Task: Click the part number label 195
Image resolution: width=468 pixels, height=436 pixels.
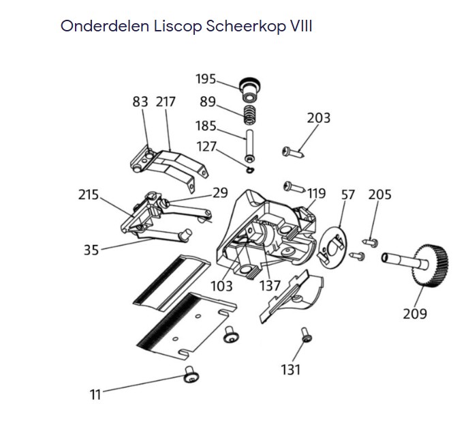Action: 206,79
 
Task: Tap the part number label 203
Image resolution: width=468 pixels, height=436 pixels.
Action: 319,118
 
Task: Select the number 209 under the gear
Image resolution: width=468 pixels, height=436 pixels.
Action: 415,313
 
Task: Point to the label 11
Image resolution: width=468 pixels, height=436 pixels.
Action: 96,394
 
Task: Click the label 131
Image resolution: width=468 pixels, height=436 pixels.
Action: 290,369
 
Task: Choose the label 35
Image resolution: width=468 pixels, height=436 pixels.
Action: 91,249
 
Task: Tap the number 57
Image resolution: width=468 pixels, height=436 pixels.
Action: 348,194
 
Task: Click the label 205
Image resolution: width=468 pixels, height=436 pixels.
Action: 379,194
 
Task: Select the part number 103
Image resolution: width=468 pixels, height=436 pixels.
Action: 221,285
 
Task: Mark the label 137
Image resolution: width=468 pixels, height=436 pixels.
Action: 270,285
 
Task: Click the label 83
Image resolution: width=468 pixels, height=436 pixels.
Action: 140,102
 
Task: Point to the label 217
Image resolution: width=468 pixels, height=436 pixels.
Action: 166,102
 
